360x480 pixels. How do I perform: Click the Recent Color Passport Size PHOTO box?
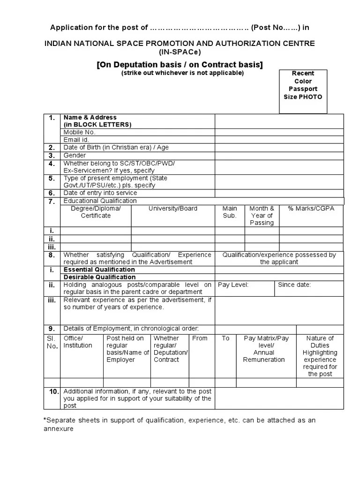303,91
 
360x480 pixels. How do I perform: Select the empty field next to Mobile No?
279,132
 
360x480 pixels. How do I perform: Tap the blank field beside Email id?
279,140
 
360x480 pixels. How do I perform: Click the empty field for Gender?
279,155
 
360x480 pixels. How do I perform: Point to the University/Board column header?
173,209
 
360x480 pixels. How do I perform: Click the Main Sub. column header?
230,212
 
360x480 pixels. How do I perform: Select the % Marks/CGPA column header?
311,209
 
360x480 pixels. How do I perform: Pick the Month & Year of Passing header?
262,216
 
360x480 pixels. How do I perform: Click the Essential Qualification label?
99,270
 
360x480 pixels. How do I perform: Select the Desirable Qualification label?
99,277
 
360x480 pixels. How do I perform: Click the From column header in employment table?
200,338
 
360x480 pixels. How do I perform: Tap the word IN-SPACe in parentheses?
180,52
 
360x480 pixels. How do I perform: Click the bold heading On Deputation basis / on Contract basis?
180,64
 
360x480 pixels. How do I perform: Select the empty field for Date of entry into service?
279,193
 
